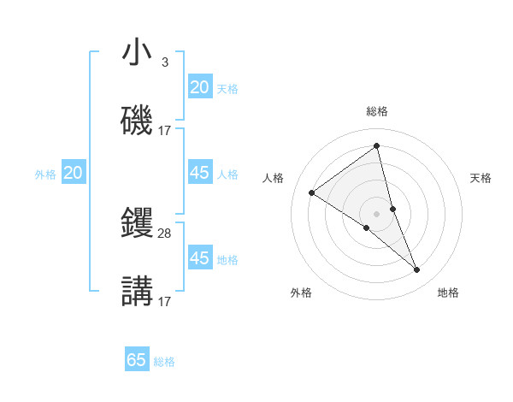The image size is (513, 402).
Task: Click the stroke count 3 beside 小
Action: (x=164, y=62)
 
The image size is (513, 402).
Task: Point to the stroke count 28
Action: (x=165, y=233)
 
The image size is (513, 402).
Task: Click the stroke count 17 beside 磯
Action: (x=165, y=130)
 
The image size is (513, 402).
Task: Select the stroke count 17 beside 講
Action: (x=165, y=301)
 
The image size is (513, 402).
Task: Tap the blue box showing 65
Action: (x=137, y=360)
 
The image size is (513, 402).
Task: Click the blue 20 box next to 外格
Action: (x=74, y=173)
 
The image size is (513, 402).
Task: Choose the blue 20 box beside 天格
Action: (x=199, y=87)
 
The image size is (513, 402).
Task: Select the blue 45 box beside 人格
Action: (x=199, y=173)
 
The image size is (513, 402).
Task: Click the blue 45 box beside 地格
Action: (x=199, y=258)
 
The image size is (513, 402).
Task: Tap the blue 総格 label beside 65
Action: (x=164, y=362)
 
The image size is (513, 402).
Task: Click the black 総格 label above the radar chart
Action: (x=377, y=111)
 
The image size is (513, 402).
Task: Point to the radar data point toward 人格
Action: (x=311, y=192)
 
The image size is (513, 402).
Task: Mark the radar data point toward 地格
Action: (x=417, y=270)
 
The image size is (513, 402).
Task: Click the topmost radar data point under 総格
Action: (x=377, y=145)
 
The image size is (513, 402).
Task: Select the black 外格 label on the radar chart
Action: (x=301, y=293)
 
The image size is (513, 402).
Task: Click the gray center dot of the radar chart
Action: (x=377, y=213)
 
